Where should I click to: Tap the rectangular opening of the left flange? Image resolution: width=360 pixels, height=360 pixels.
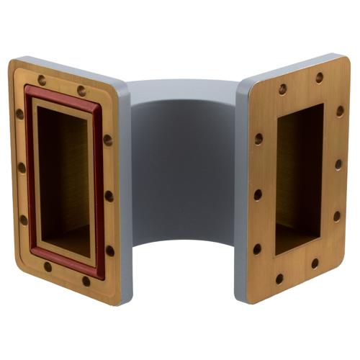(63, 180)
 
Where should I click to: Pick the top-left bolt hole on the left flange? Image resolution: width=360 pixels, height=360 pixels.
(42, 80)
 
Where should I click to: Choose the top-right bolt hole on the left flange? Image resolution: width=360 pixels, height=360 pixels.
(81, 91)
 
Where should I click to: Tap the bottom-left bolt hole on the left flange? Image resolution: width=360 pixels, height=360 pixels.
(48, 266)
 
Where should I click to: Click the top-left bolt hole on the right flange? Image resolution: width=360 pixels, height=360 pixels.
(282, 89)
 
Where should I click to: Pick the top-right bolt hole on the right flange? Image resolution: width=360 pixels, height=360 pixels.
(319, 77)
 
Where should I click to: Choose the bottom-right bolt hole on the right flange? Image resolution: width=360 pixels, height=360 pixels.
(315, 264)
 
